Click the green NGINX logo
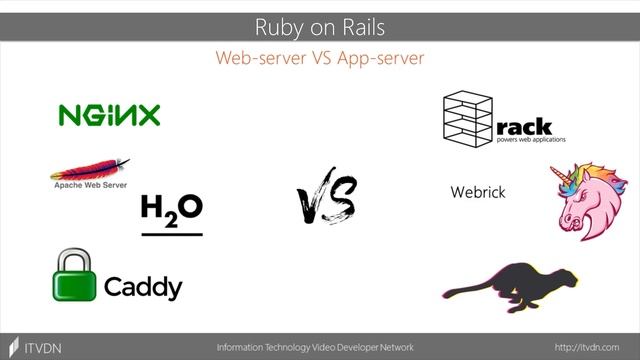click(109, 116)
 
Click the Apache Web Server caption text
click(89, 184)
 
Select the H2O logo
click(171, 211)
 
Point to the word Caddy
click(143, 288)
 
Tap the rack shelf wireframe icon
click(467, 116)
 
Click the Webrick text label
click(477, 192)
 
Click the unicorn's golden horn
click(563, 171)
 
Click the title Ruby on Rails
click(320, 26)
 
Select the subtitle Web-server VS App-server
click(320, 58)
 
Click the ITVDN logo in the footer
click(35, 346)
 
